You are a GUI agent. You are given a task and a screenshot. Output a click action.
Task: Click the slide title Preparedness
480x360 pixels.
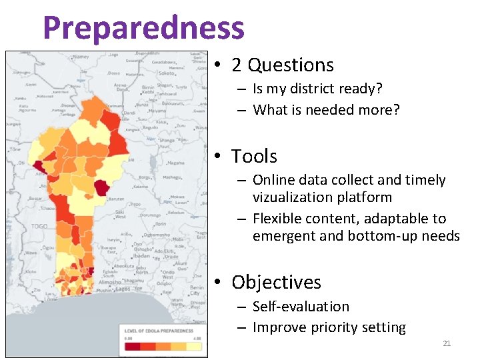[x=143, y=28]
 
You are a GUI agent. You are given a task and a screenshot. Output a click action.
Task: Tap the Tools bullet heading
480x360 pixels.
[x=254, y=157]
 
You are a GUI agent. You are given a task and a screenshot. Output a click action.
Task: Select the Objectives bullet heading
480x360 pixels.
[x=276, y=283]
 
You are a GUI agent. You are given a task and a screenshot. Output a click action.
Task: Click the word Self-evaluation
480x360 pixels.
[x=301, y=307]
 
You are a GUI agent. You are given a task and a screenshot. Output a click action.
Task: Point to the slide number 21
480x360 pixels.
[x=447, y=343]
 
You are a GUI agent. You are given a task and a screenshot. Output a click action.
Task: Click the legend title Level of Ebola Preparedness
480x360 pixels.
[x=157, y=331]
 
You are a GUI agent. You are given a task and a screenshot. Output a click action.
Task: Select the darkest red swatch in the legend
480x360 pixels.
[x=132, y=346]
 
